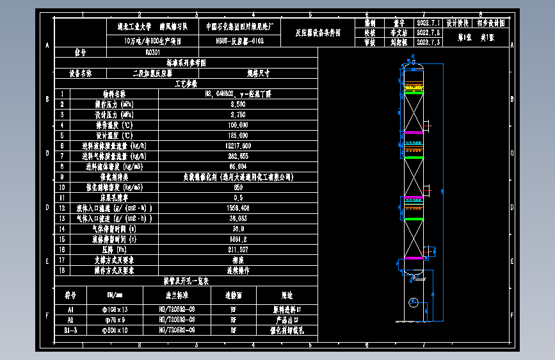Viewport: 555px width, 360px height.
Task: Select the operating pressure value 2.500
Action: point(237,104)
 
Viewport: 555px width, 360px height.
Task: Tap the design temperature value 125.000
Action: point(237,135)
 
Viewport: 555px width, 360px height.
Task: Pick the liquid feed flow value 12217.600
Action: point(237,145)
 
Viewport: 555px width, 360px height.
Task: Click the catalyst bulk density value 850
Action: point(237,187)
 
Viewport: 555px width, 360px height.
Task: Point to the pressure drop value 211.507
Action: point(237,249)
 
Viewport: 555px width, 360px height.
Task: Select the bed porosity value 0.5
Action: point(237,197)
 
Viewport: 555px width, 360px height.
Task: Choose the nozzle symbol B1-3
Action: point(70,330)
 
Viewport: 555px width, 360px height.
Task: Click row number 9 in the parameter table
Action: point(62,177)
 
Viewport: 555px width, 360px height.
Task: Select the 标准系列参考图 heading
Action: point(186,63)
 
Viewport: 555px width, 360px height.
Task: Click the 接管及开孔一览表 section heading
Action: point(186,281)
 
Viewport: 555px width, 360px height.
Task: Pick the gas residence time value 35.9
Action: point(237,229)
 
